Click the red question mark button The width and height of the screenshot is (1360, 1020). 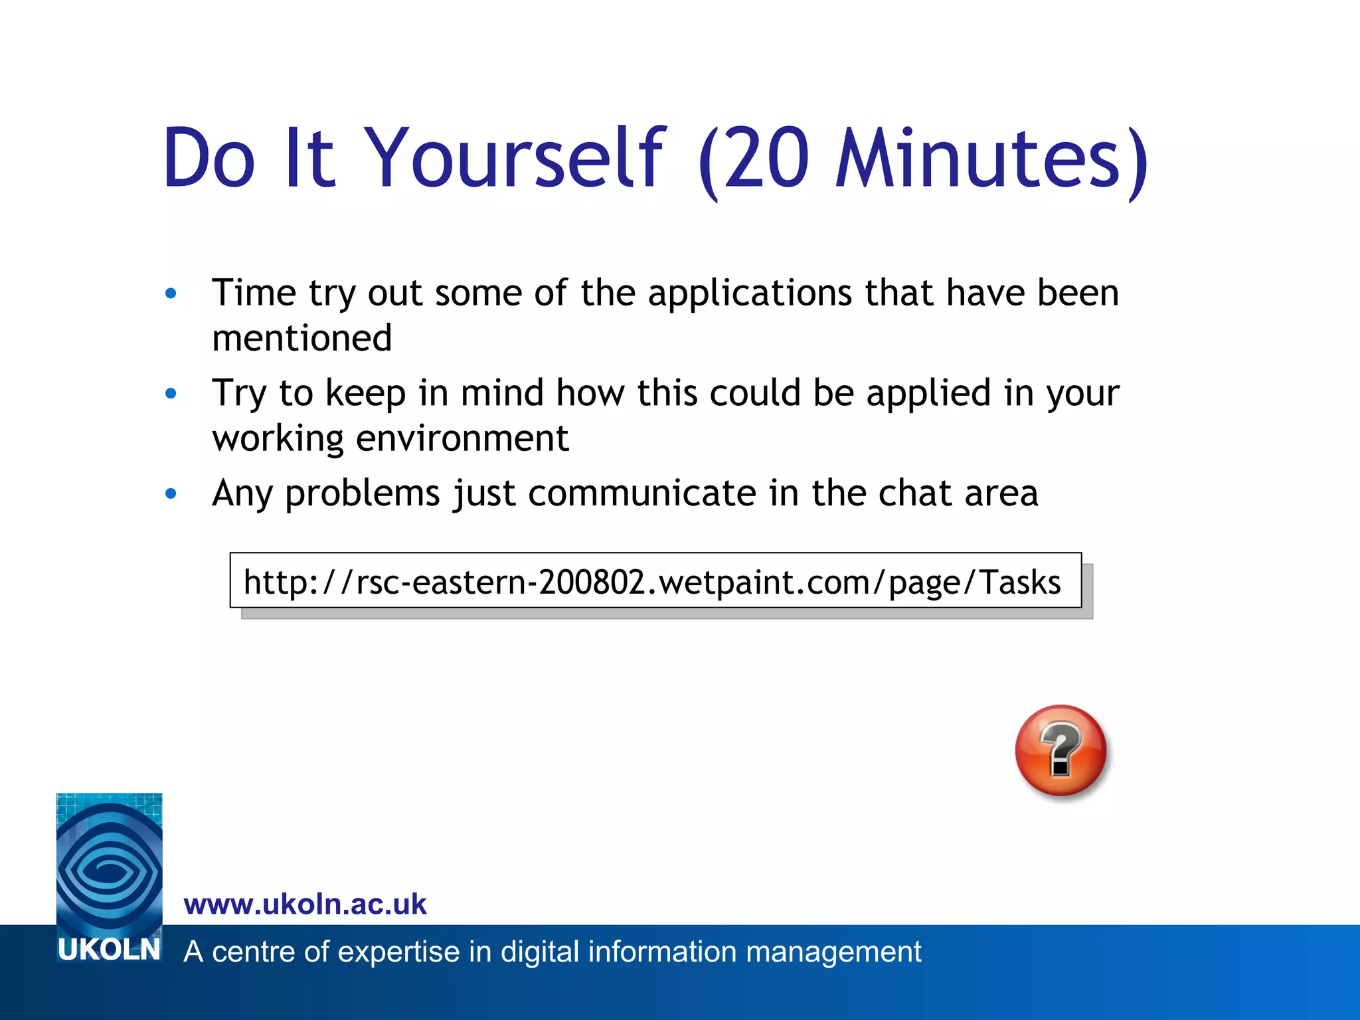pyautogui.click(x=1061, y=750)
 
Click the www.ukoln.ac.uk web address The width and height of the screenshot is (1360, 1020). pyautogui.click(x=305, y=904)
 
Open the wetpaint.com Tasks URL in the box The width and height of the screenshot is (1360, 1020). pyautogui.click(x=652, y=582)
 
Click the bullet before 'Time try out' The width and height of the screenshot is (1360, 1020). pyautogui.click(x=171, y=293)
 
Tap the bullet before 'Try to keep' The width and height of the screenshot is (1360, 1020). pyautogui.click(x=171, y=393)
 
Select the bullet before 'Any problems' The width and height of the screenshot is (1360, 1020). pyautogui.click(x=171, y=493)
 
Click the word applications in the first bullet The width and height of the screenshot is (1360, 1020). pyautogui.click(x=750, y=293)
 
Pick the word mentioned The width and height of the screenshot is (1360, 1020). pyautogui.click(x=302, y=338)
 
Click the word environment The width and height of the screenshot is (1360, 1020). pyautogui.click(x=462, y=438)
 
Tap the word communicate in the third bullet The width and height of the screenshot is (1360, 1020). pyautogui.click(x=642, y=493)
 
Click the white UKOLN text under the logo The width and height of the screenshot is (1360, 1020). pyautogui.click(x=109, y=950)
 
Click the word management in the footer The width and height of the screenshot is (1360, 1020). pyautogui.click(x=833, y=952)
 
